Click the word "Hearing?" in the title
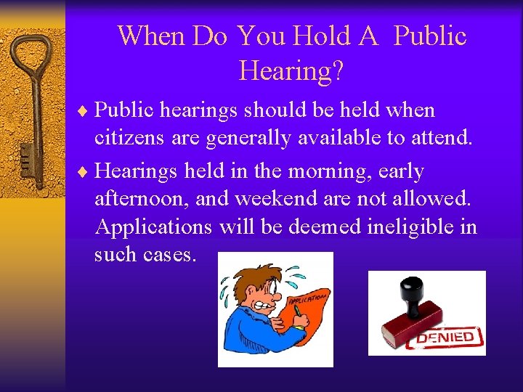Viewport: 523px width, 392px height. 291,70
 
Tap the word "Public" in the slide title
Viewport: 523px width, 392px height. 430,36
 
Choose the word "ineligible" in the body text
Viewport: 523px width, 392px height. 408,226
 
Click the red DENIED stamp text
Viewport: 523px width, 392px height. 445,337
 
